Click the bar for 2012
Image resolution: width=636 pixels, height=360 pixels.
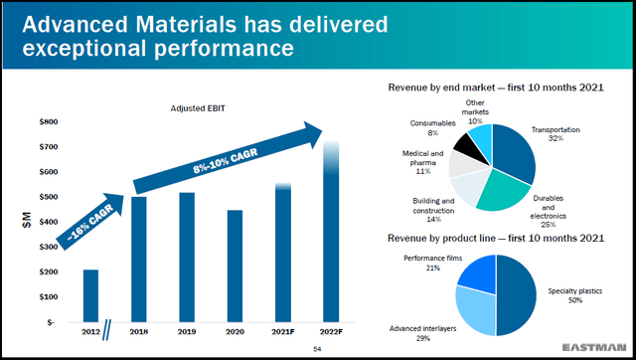[90, 295]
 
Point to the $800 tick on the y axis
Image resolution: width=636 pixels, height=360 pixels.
[47, 121]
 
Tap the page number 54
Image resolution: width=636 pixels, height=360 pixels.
[318, 349]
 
